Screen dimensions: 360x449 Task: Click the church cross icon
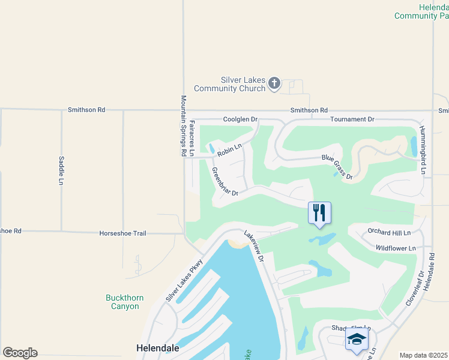coord(274,83)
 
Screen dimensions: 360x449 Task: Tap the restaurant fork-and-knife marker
coord(319,212)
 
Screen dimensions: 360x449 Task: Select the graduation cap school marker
coord(357,339)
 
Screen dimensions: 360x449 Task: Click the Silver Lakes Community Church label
coord(243,84)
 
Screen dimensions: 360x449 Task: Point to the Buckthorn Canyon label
coord(122,302)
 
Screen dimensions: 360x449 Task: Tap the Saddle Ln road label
coord(61,170)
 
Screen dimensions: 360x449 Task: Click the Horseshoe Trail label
coord(123,233)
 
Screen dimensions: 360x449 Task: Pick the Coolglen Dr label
coord(240,119)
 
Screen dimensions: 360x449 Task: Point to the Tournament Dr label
coord(352,119)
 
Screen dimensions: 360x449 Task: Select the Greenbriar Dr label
coord(225,182)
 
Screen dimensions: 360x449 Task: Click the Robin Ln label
coord(229,149)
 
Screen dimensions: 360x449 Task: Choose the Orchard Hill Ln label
coord(389,232)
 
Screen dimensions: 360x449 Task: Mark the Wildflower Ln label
coord(395,248)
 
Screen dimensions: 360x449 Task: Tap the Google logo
coord(20,353)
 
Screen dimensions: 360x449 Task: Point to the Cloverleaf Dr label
coord(414,289)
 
